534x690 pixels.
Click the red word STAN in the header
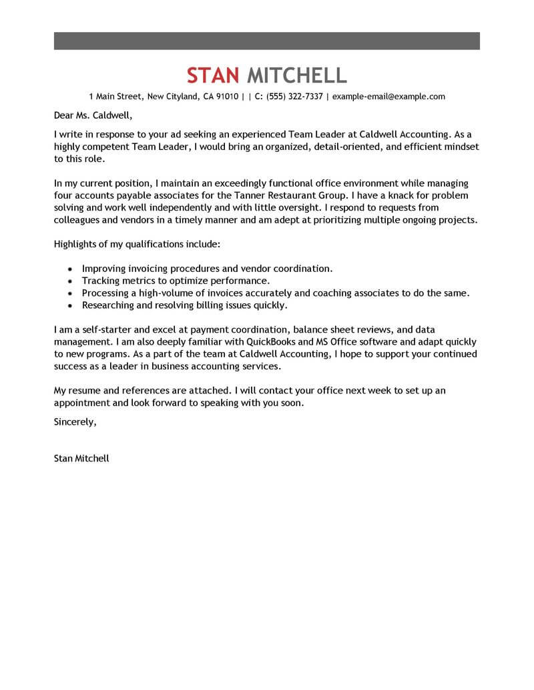point(213,75)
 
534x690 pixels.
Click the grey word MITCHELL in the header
point(297,75)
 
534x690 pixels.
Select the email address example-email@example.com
point(388,97)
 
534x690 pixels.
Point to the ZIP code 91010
point(226,97)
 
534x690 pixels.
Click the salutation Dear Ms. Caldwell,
point(89,115)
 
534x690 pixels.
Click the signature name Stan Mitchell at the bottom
point(81,459)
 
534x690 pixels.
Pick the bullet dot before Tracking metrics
point(71,281)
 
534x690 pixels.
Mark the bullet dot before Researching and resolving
point(71,305)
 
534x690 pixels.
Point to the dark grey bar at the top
point(266,41)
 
